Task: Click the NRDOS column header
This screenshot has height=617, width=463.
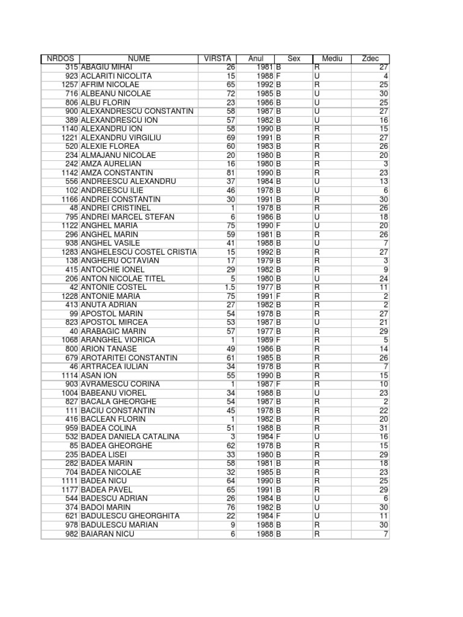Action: pyautogui.click(x=60, y=58)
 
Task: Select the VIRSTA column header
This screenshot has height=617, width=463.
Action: pyautogui.click(x=218, y=58)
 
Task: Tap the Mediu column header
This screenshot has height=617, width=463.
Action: pyautogui.click(x=332, y=58)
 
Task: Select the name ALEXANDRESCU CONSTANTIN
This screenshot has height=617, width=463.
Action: pyautogui.click(x=137, y=111)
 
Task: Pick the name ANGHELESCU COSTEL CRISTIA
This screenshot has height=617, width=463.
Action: pyautogui.click(x=139, y=252)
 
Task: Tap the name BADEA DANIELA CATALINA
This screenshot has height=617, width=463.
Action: pyautogui.click(x=126, y=437)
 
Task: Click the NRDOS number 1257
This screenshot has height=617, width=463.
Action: pyautogui.click(x=70, y=85)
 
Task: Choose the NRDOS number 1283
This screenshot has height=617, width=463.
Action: pyautogui.click(x=70, y=252)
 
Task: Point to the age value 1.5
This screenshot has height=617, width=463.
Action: pyautogui.click(x=229, y=287)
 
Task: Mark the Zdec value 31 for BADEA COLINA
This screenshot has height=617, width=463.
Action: pyautogui.click(x=384, y=428)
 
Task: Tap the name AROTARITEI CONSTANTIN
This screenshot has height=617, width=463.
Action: pyautogui.click(x=129, y=358)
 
